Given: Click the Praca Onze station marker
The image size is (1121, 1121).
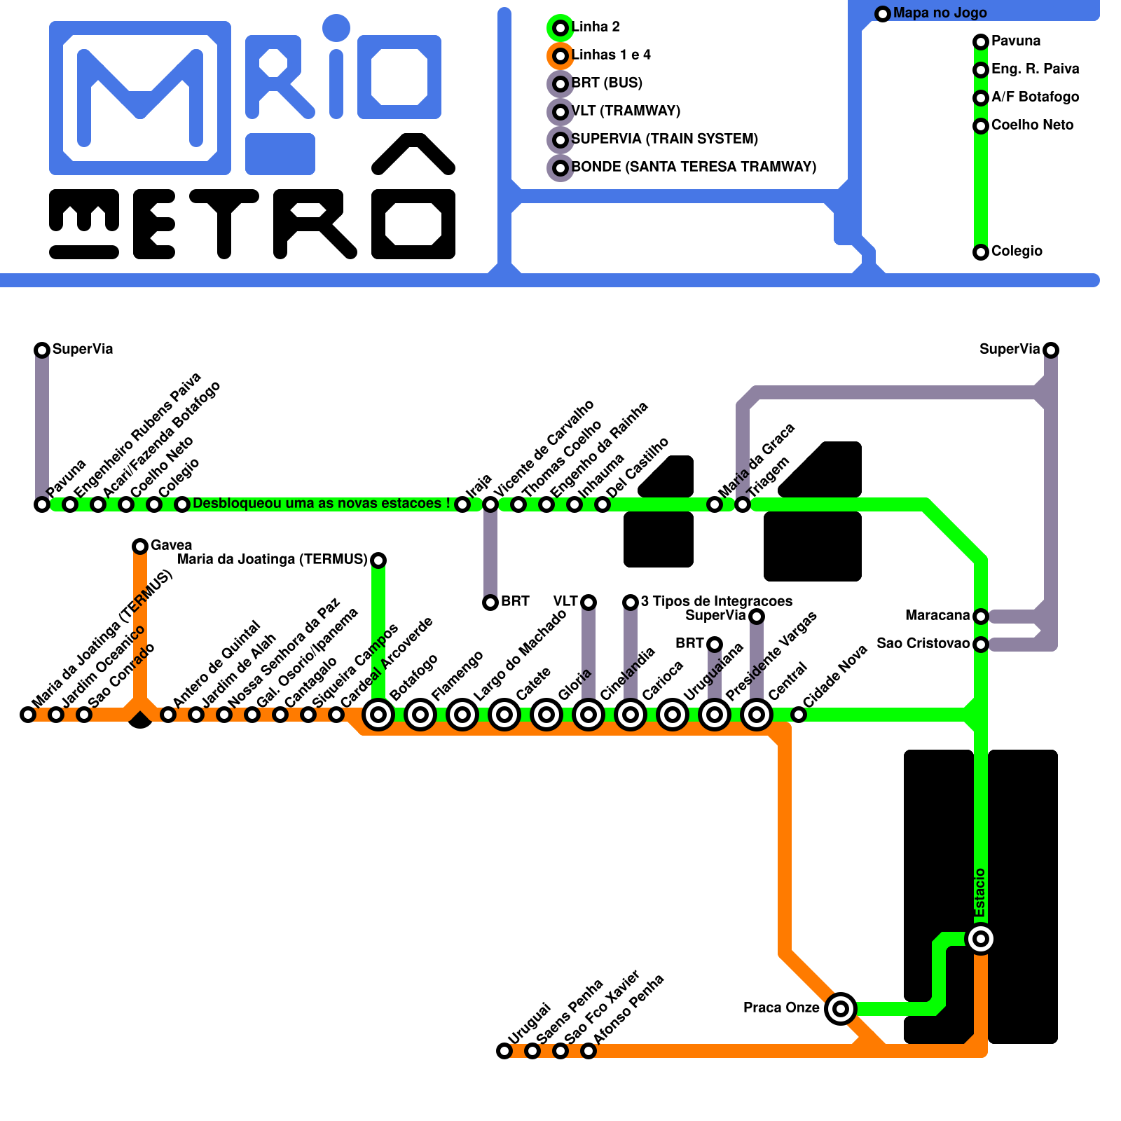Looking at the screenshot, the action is point(841,1009).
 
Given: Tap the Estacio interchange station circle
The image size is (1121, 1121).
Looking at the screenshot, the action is point(981,939).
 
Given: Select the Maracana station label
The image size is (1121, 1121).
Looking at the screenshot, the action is point(937,616).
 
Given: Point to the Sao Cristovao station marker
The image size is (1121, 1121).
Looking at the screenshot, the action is point(981,645).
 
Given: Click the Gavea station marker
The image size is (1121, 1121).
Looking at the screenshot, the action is point(140,546).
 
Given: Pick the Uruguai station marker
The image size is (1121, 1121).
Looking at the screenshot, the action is point(504,1051).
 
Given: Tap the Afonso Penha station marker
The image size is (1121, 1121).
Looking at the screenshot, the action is point(589,1051).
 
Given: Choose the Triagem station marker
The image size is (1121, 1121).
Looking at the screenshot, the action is point(743,504).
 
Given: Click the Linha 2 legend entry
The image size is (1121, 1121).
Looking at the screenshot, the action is point(596,27).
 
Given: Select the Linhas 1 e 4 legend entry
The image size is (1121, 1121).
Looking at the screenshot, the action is point(611,55).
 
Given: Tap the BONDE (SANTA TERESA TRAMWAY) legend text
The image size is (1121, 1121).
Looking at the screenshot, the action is point(694,167).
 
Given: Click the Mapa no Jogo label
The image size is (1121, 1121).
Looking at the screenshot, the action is point(940,13).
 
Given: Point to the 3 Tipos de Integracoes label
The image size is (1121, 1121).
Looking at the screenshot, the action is point(716,602).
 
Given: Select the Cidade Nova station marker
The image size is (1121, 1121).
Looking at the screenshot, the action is point(799,715).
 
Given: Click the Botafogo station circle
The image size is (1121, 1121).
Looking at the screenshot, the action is point(378,715).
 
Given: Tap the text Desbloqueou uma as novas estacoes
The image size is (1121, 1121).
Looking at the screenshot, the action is point(321,504).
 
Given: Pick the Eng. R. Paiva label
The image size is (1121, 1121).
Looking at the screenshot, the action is point(1035,69).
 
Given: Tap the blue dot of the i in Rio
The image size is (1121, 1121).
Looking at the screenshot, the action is point(336,28).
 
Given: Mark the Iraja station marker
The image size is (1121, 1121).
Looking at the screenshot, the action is point(462,504).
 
